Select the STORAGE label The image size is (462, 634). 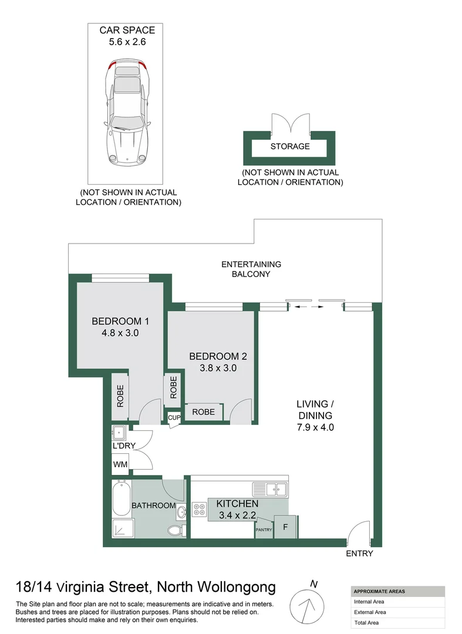289,146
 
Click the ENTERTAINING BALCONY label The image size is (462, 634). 251,269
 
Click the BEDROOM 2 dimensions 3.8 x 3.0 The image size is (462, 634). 214,368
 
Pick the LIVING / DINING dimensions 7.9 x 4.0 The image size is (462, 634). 315,427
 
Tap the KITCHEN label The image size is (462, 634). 237,504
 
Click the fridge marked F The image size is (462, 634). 285,527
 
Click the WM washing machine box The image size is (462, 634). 120,464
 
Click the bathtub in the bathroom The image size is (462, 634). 122,498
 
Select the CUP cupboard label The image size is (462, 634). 174,418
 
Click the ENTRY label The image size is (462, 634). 359,554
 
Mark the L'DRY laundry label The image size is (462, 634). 124,446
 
